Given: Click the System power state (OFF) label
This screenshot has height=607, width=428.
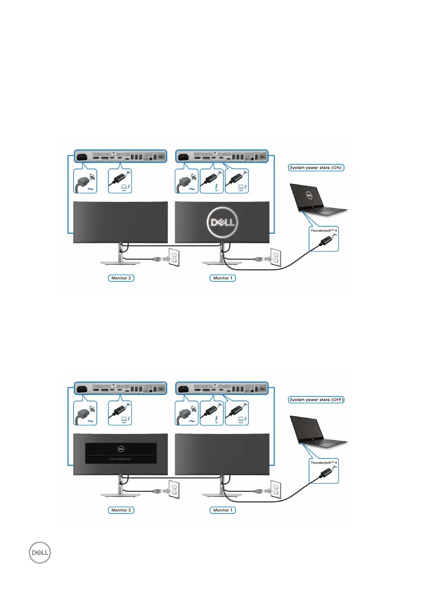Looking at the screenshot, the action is click(316, 399).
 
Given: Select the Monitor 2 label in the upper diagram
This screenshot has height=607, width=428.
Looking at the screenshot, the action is click(121, 279).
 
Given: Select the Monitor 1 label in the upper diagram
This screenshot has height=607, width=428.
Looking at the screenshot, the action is click(223, 279).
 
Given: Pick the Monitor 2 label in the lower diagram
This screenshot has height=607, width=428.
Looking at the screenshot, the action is click(121, 510).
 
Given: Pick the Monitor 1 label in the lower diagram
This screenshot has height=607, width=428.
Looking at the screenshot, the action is click(223, 510).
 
